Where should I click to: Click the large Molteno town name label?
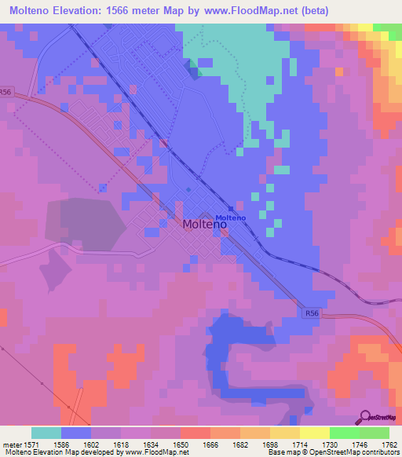205,224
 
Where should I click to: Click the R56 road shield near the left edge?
6,92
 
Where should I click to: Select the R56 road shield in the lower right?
313,313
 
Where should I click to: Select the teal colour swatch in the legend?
46,433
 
